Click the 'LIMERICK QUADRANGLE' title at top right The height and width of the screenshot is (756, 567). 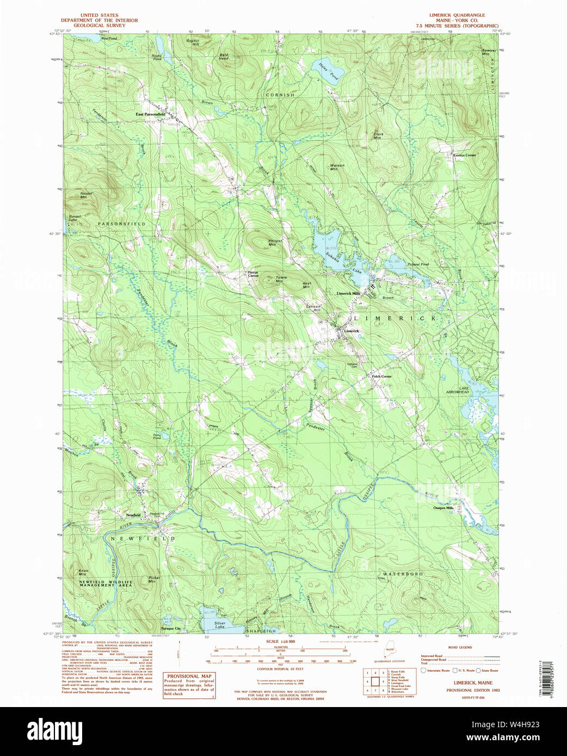[457, 15]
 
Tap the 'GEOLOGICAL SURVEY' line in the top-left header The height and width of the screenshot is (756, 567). [99, 26]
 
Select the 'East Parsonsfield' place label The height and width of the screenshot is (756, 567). [150, 115]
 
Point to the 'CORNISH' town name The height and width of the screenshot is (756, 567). [280, 95]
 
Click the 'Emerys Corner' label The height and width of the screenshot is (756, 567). [464, 155]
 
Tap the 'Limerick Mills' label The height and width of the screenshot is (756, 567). [348, 294]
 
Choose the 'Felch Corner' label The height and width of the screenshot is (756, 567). [381, 376]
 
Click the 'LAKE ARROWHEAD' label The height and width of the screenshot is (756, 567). [458, 390]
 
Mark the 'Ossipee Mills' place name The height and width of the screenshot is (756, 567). [443, 508]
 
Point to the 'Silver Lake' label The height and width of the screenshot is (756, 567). [220, 625]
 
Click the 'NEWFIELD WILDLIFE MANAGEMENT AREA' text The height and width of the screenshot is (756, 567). [106, 583]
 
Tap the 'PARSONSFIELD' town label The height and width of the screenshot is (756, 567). [121, 224]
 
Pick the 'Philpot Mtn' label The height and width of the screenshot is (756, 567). [275, 243]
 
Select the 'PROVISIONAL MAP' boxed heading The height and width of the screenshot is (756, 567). [189, 676]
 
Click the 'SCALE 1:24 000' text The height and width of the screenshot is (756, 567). [280, 642]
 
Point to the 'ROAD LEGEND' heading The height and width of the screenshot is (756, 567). [460, 647]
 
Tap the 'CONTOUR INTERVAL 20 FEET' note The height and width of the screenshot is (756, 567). [280, 668]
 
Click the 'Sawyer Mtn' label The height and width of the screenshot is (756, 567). [489, 52]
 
